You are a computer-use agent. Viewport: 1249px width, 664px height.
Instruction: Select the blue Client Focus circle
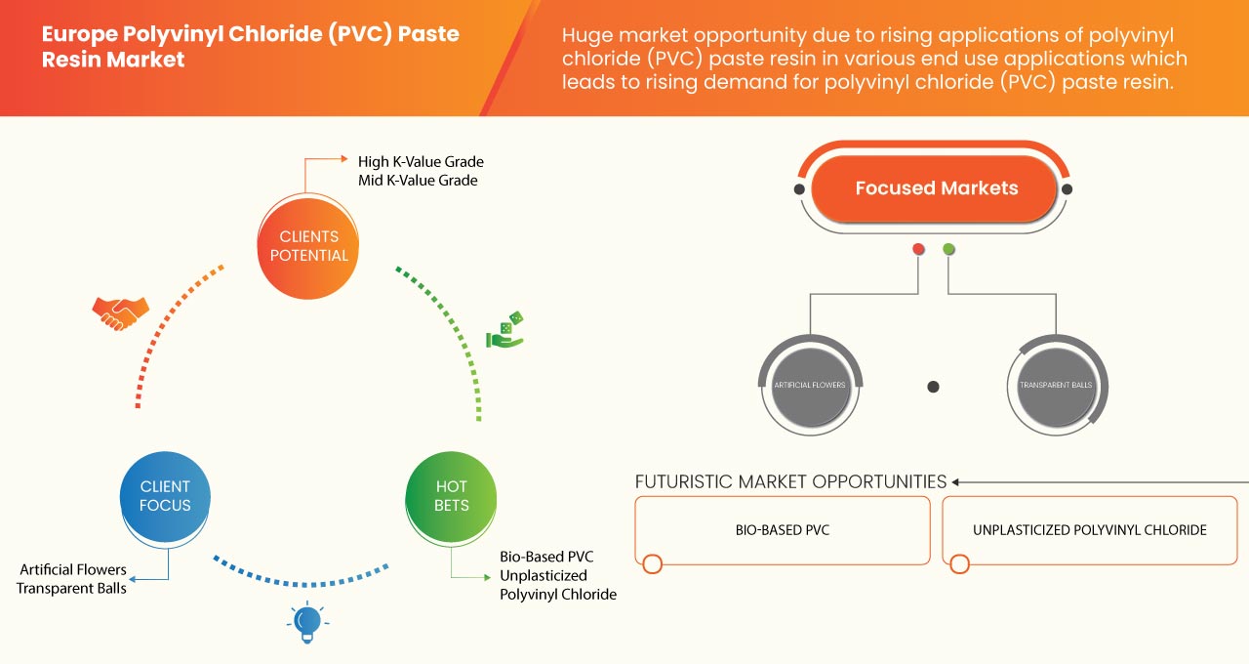coord(165,496)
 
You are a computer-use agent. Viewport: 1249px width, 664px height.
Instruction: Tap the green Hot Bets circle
coord(451,496)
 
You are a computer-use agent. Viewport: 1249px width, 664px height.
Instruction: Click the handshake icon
coord(120,311)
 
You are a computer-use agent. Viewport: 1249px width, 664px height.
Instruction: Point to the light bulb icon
coord(307,621)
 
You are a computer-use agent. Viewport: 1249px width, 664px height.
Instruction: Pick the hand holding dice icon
coord(505,331)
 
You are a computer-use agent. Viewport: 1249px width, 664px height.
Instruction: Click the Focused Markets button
coord(936,188)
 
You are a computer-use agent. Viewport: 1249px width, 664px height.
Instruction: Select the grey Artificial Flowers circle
coord(810,385)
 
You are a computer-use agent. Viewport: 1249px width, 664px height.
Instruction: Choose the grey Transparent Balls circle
coord(1056,385)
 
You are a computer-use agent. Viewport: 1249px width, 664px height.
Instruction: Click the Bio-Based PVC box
coord(783,530)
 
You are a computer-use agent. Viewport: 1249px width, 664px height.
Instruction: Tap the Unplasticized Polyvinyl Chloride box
coord(1089,530)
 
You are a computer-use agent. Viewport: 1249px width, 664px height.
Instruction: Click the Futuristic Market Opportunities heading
coord(790,481)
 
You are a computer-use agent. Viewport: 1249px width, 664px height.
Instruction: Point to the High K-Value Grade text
coord(421,161)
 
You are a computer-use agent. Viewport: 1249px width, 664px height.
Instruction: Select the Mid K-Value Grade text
coord(418,181)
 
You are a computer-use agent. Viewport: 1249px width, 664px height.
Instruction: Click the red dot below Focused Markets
coord(918,249)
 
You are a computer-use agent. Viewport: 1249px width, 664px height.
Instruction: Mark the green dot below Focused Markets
coord(948,249)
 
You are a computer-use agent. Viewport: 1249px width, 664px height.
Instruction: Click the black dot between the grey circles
coord(933,387)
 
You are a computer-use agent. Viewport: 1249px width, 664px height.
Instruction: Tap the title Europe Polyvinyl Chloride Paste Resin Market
coord(250,47)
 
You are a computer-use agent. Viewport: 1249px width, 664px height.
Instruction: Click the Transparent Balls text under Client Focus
coord(71,588)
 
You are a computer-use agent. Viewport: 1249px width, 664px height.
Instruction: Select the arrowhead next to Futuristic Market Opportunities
coord(956,481)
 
